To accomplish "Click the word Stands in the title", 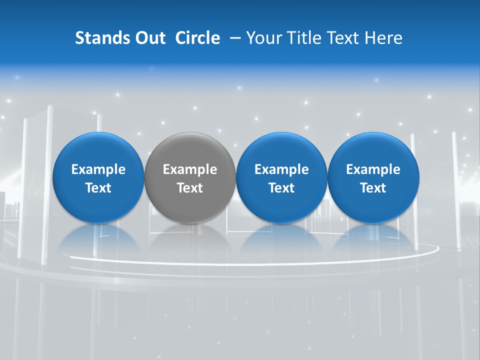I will click(101, 38).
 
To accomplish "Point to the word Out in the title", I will click(149, 38).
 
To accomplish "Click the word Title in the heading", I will click(302, 38).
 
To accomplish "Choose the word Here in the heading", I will click(384, 38).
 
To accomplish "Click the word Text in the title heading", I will click(342, 38).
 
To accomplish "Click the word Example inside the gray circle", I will click(190, 169).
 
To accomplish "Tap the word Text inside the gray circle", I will click(190, 188).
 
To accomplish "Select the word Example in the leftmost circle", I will click(98, 169).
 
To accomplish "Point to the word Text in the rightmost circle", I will click(373, 188).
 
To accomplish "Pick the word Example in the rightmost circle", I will click(373, 169).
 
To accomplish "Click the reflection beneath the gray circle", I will click(190, 240).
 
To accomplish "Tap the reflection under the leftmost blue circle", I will click(98, 240).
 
